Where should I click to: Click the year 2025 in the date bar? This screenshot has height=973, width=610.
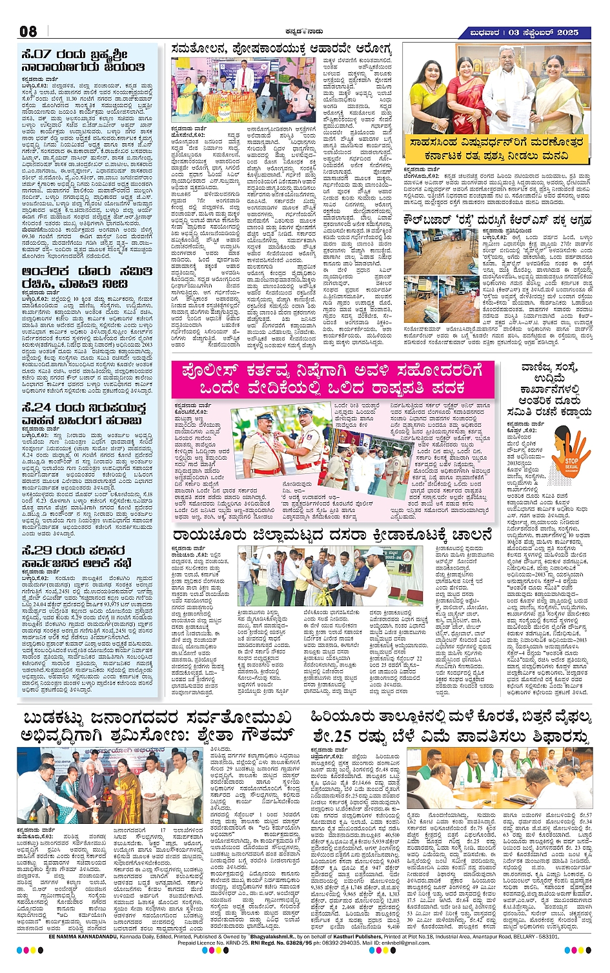(565, 32)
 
